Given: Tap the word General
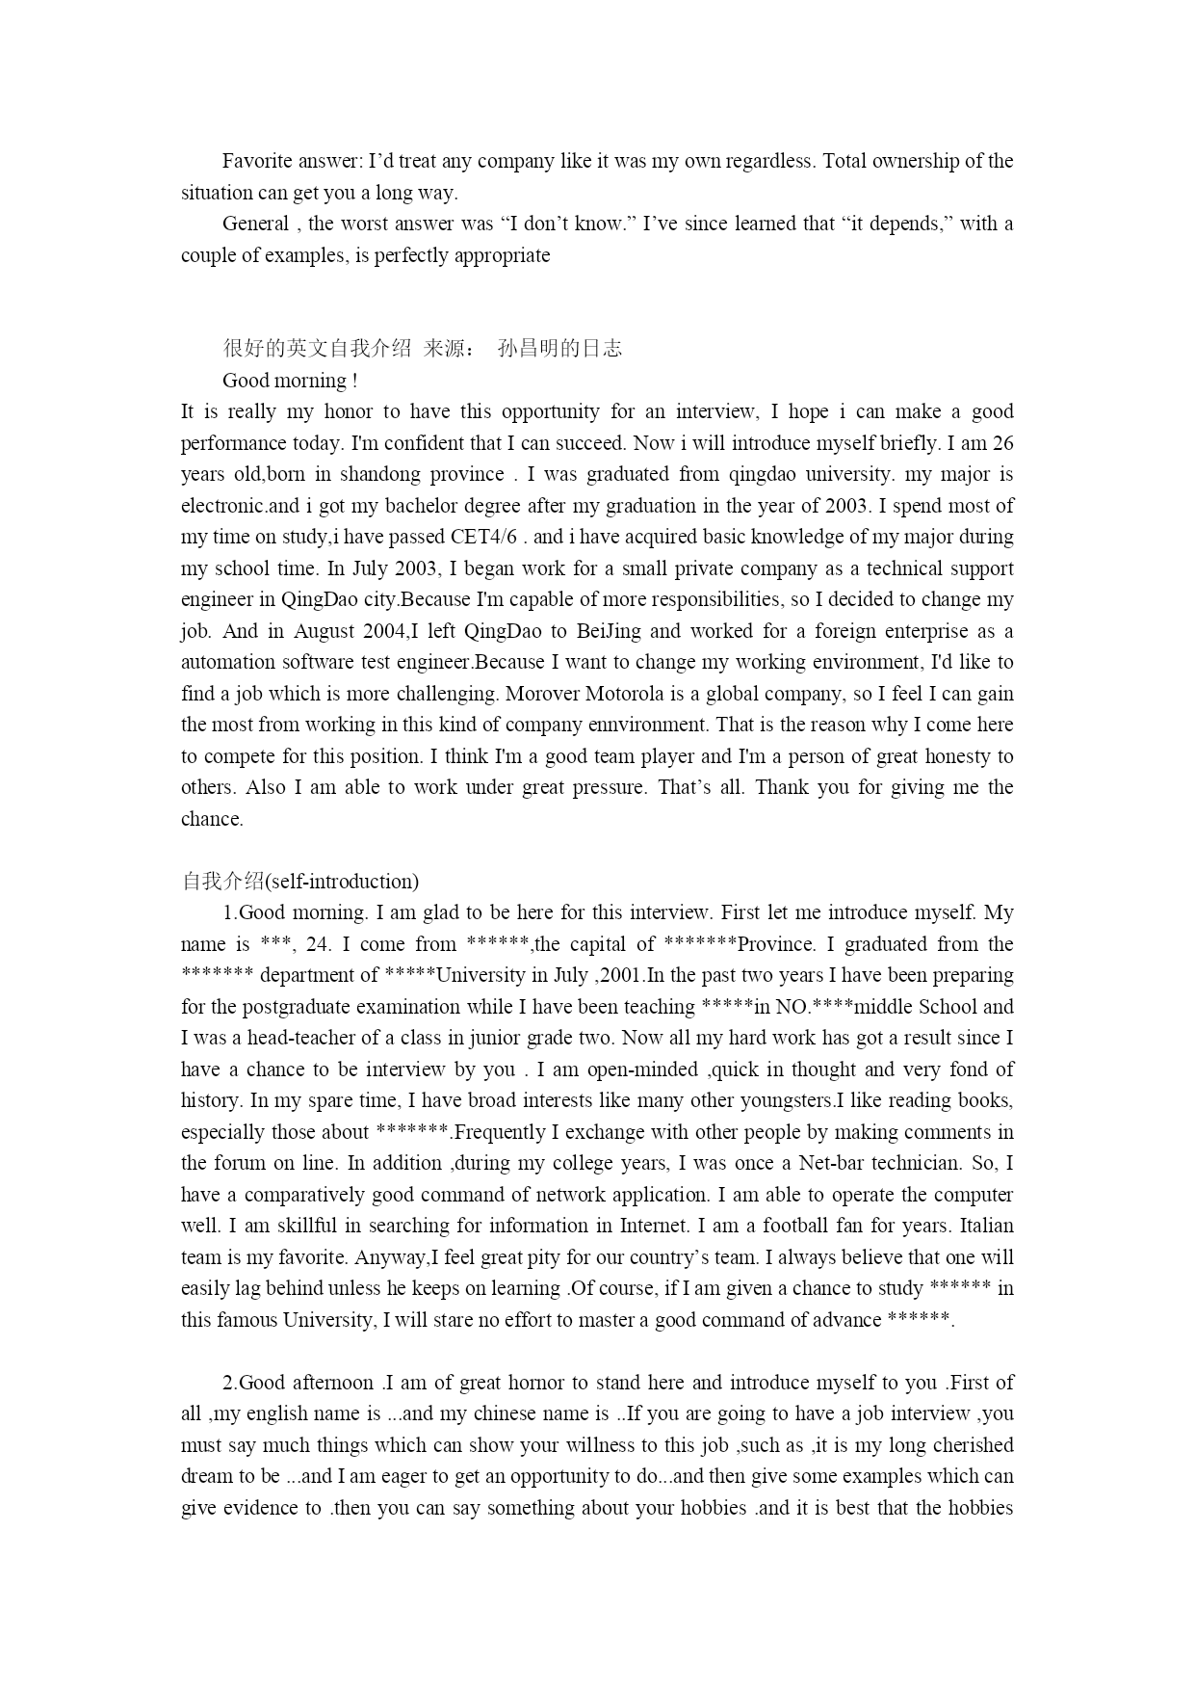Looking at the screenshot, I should tap(255, 224).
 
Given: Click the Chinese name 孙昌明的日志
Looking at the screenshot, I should tap(559, 349).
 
